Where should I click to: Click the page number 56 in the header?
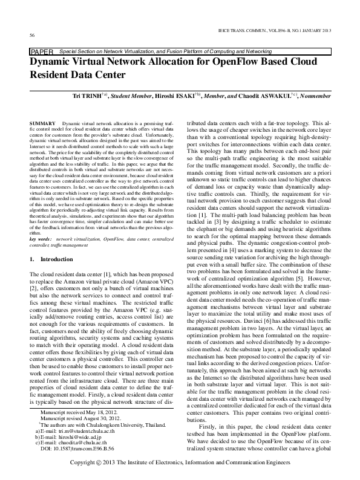pos(31,35)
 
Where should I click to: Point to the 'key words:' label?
pos(41,240)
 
